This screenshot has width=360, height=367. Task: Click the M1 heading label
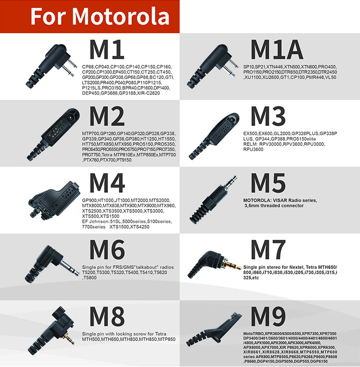tap(107, 50)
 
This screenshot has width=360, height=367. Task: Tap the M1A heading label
tap(276, 50)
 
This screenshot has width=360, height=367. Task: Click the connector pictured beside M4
tap(53, 198)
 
